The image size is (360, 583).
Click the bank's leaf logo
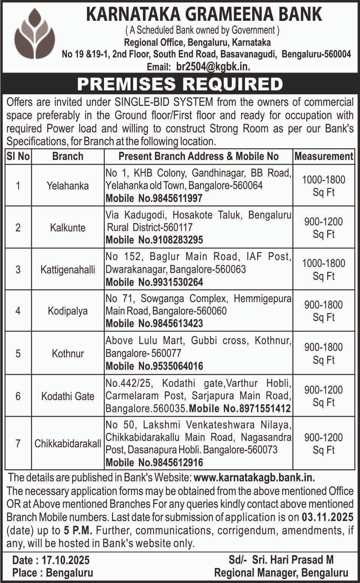[x=34, y=34]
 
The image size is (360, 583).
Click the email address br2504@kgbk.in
[x=213, y=67]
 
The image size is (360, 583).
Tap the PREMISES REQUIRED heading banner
[x=180, y=84]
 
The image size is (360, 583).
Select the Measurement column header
[x=324, y=156]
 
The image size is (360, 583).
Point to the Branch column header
[x=68, y=156]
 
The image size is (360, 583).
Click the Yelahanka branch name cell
[x=68, y=186]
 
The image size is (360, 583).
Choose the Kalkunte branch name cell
[x=68, y=228]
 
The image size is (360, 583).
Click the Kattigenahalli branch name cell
[x=68, y=270]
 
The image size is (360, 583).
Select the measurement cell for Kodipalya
[x=324, y=311]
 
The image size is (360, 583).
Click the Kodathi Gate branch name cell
[x=68, y=396]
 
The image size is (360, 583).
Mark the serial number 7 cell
[x=18, y=443]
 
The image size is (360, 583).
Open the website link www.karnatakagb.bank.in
[x=254, y=478]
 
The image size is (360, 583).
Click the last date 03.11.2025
[x=327, y=517]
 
